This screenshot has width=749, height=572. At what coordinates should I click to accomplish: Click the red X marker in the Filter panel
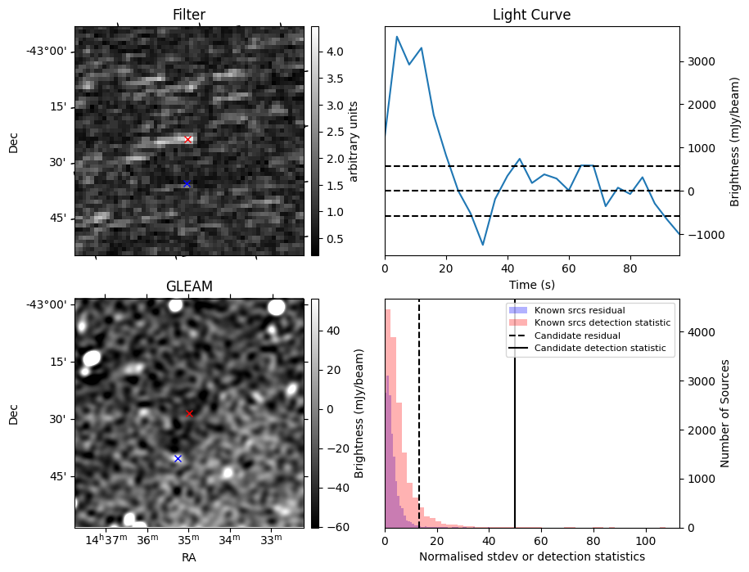[x=187, y=139]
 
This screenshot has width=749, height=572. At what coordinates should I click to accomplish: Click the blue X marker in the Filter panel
[x=187, y=183]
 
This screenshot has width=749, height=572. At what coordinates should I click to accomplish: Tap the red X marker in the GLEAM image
[x=189, y=413]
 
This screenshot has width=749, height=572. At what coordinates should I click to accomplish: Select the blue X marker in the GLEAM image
[x=178, y=458]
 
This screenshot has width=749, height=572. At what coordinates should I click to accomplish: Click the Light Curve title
[x=531, y=15]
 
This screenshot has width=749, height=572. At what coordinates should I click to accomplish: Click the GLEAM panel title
[x=189, y=286]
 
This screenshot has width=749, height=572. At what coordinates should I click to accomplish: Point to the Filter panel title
[x=189, y=15]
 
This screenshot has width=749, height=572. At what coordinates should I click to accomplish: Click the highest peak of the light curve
[x=397, y=36]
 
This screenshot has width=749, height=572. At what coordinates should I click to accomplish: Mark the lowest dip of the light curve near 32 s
[x=483, y=245]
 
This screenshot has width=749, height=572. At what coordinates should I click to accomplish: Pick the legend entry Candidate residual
[x=577, y=336]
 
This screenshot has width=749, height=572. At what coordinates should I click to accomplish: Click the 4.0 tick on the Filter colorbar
[x=335, y=52]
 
